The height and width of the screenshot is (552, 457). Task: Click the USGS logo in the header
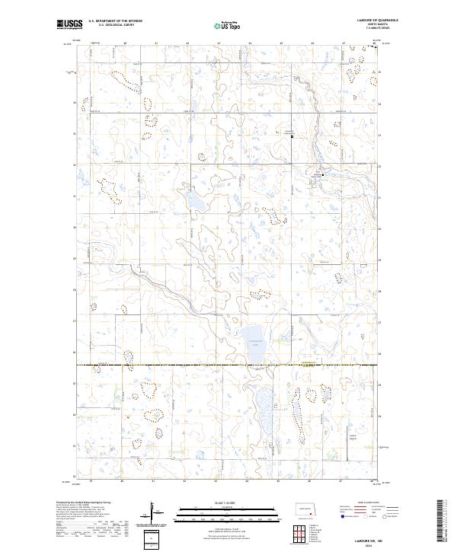pyautogui.click(x=69, y=24)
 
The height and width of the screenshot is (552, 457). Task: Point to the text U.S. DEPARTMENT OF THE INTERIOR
pyautogui.click(x=115, y=21)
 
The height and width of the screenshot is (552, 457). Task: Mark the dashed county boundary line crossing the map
pyautogui.click(x=228, y=365)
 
